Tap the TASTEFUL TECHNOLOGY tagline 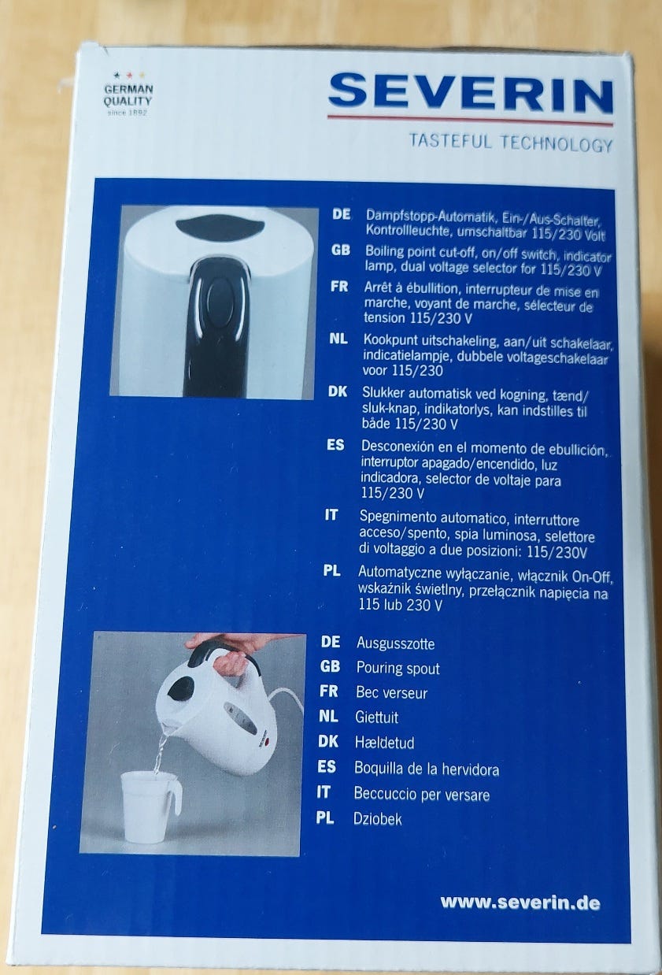point(511,143)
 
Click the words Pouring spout point(398,668)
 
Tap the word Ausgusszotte point(395,643)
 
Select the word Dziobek point(378,819)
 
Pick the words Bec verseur point(391,692)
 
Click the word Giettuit point(377,717)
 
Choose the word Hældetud point(384,742)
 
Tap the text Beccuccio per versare point(421,794)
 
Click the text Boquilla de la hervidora point(427,769)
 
